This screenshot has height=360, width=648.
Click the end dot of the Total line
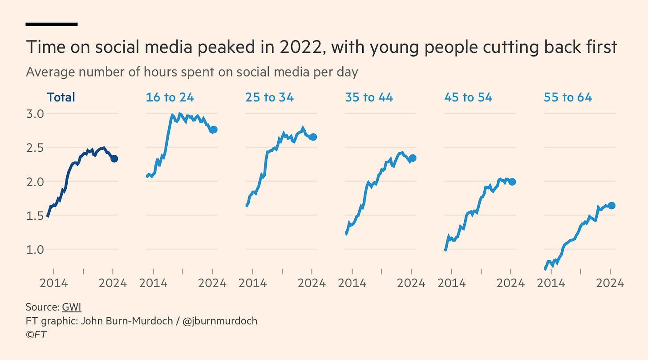[x=114, y=158]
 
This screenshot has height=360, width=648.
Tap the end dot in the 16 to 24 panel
[x=214, y=129]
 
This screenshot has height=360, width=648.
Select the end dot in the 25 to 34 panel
[x=313, y=137]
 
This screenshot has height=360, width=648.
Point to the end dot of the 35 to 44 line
[x=413, y=158]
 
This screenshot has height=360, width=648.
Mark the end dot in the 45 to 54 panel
[x=512, y=182]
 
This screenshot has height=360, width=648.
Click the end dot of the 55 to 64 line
[x=612, y=205]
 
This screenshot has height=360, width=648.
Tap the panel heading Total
[x=61, y=97]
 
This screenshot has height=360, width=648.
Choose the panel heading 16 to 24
[x=170, y=97]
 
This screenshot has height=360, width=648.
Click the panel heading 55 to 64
[x=567, y=97]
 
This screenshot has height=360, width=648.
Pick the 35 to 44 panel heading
[x=369, y=97]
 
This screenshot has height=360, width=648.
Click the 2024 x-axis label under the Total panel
[x=113, y=283]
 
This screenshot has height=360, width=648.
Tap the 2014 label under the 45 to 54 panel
[x=451, y=283]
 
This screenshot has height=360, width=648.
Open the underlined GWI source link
[x=72, y=307]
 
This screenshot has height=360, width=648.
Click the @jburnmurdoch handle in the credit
[x=220, y=320]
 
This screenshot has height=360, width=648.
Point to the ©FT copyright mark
[x=36, y=334]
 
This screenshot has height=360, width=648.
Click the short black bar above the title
[x=52, y=24]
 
